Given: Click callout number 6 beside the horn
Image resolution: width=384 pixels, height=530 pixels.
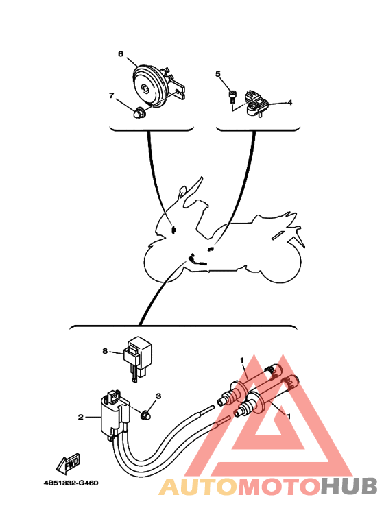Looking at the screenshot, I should [120, 53].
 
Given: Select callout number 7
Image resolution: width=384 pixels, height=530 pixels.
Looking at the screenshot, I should [111, 95].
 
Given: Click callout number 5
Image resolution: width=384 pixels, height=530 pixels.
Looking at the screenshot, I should [217, 73].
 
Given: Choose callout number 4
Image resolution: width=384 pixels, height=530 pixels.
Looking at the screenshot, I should [289, 103].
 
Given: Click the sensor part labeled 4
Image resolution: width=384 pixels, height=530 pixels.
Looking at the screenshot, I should [256, 101].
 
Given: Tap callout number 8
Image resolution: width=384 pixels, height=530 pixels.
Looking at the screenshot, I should [106, 351].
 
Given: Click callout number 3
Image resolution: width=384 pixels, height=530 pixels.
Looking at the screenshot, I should [158, 396].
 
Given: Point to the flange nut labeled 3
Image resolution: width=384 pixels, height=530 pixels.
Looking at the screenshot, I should [145, 413].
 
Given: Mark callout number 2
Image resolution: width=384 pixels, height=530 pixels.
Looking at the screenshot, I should [80, 416].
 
